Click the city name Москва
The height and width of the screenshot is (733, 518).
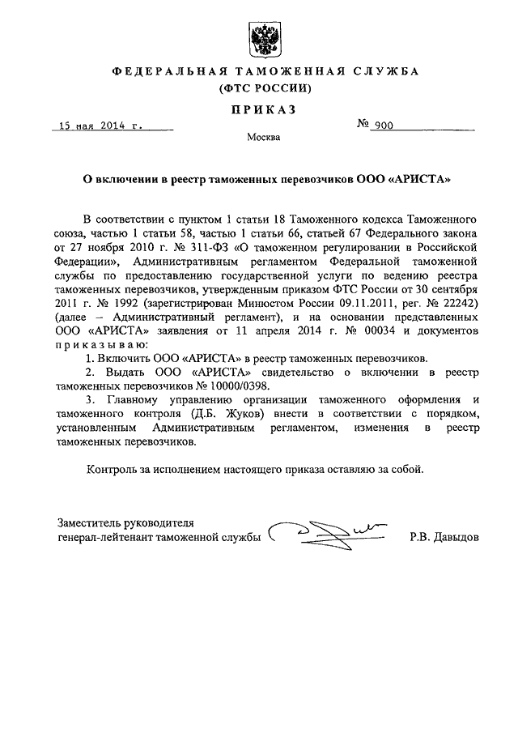264,139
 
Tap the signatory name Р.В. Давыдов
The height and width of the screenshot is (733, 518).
444,537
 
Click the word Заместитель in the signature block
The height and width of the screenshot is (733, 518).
92,522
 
